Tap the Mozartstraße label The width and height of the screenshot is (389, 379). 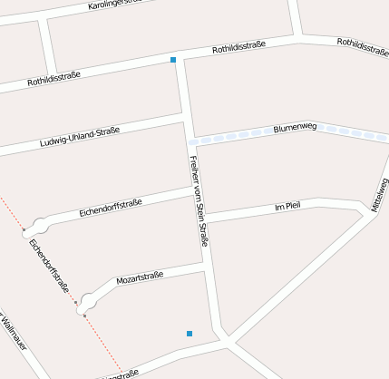(x=140, y=277)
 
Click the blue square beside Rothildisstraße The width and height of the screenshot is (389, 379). (x=173, y=60)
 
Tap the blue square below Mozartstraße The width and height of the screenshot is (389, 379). (x=190, y=335)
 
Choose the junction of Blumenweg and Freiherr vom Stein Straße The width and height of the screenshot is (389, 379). (x=191, y=141)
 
